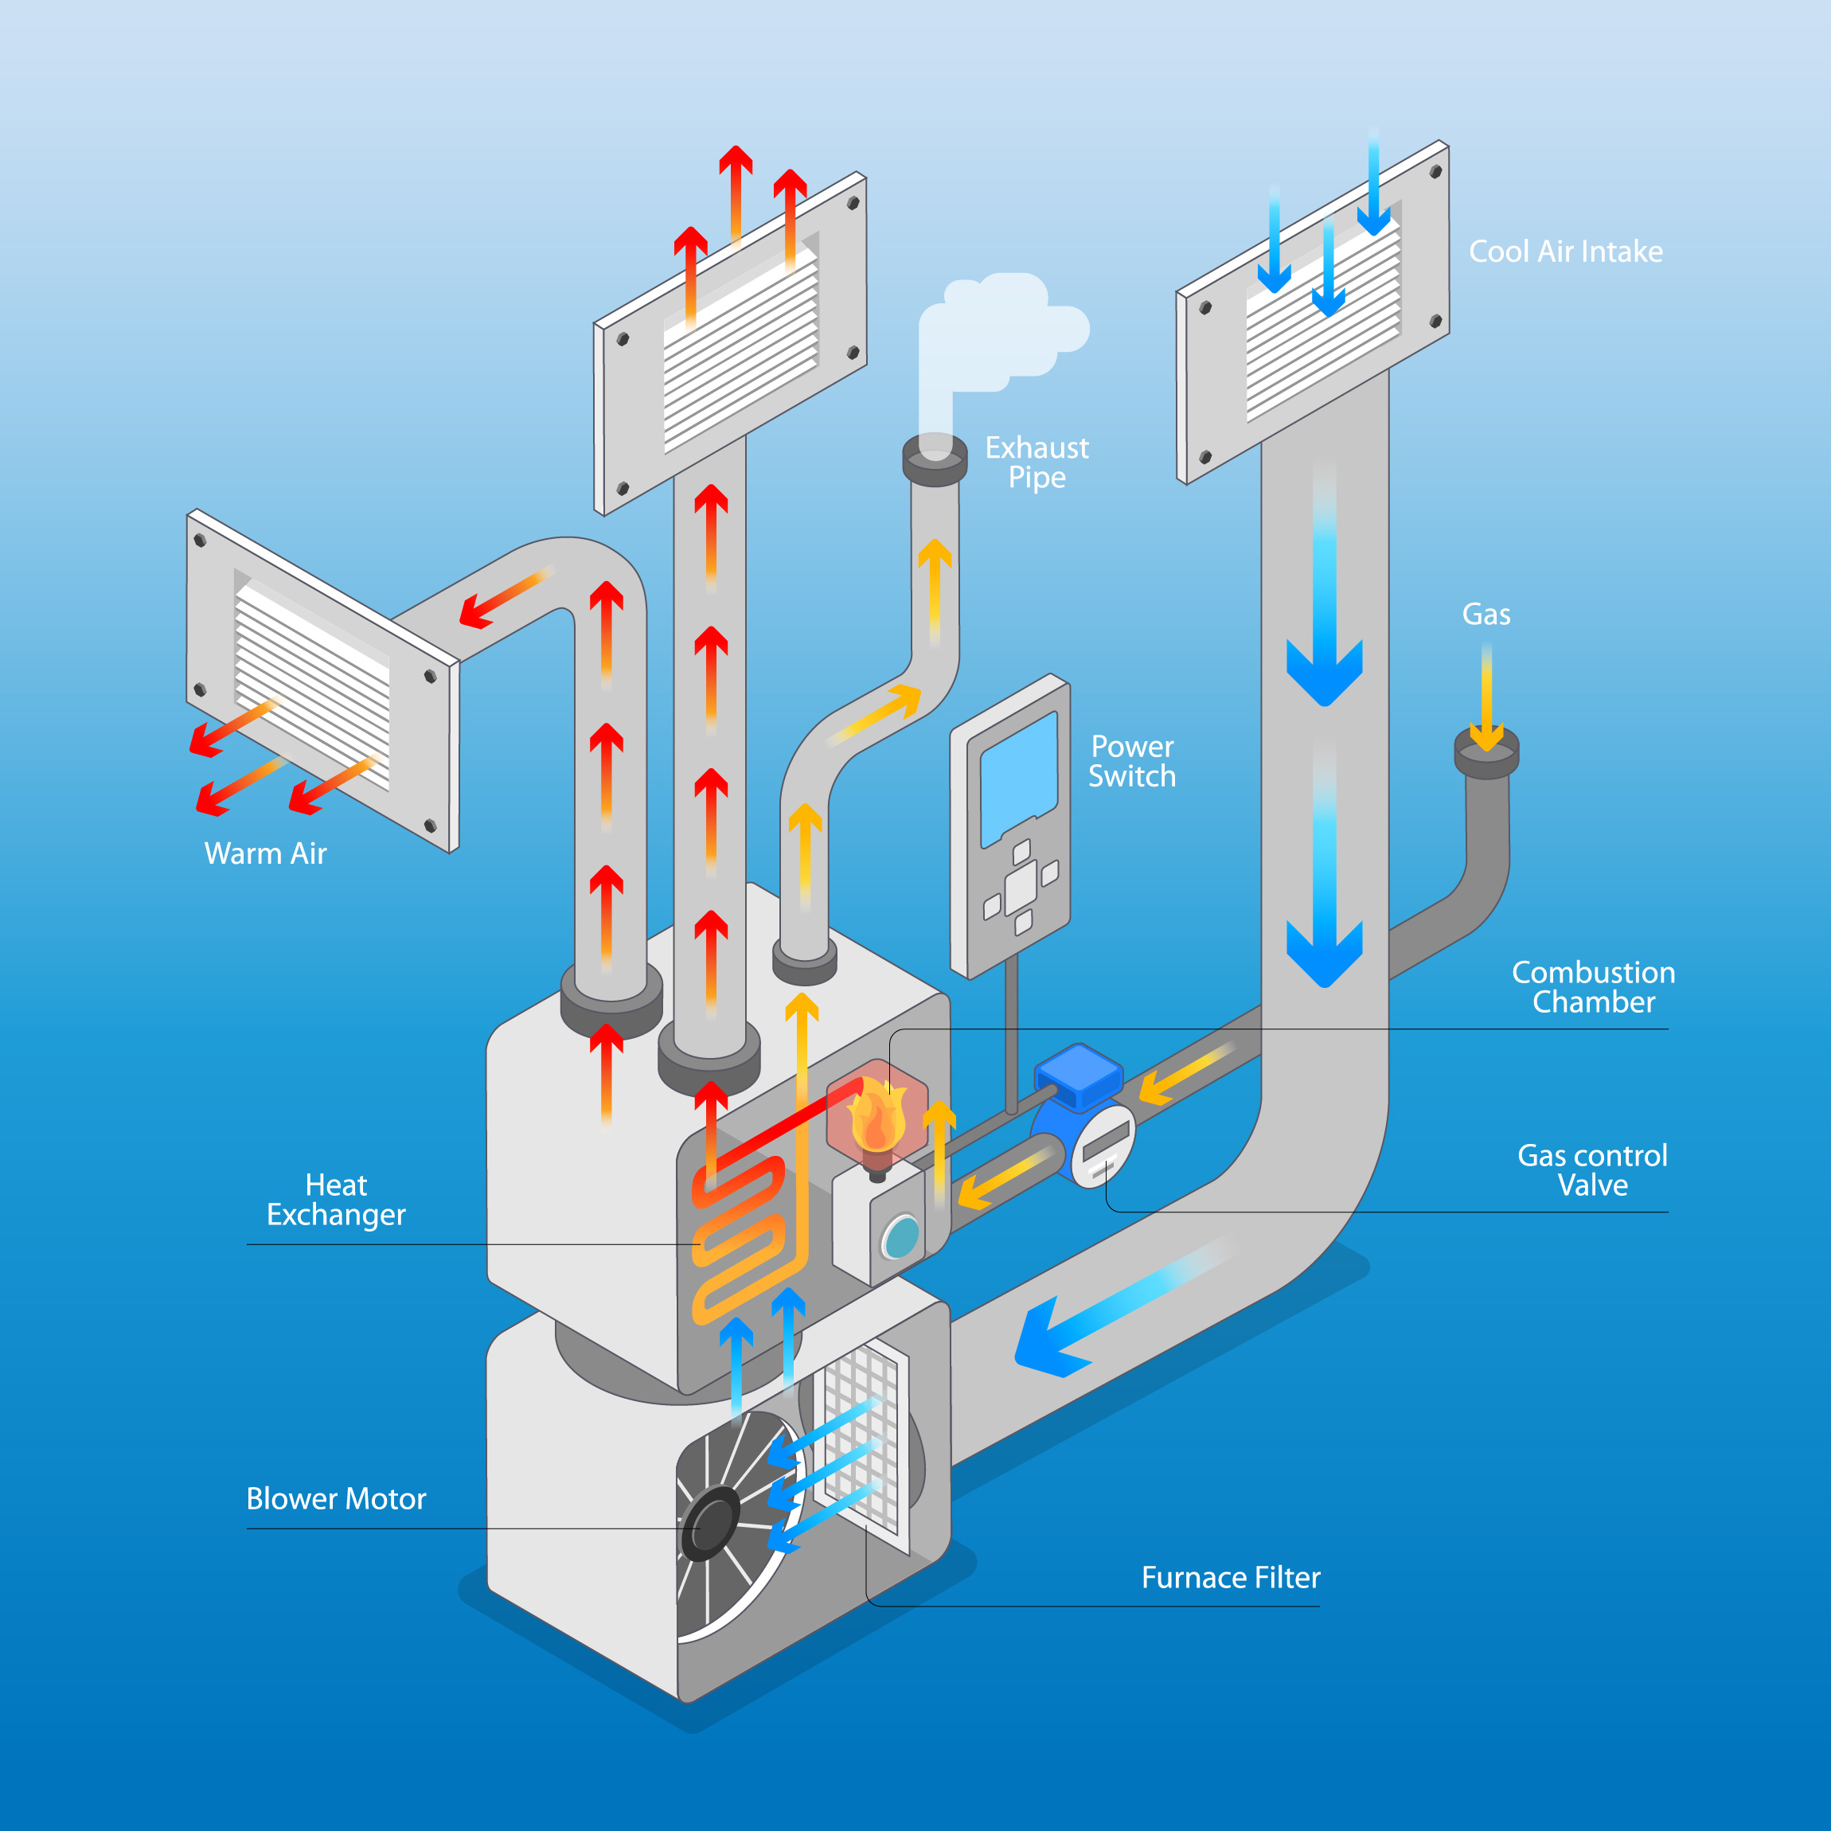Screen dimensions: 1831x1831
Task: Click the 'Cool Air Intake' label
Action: pyautogui.click(x=1566, y=252)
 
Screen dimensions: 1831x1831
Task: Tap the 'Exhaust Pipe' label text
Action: pyautogui.click(x=1037, y=463)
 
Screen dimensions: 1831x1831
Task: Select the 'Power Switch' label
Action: pyautogui.click(x=1131, y=762)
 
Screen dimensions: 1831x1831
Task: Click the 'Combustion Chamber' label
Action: pyautogui.click(x=1593, y=987)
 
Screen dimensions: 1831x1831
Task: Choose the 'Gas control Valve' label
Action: pyautogui.click(x=1592, y=1170)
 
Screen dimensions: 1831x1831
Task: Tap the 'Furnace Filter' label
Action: pyautogui.click(x=1230, y=1577)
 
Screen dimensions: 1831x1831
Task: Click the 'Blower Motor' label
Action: pyautogui.click(x=337, y=1498)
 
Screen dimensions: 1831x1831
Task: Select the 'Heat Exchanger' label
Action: pyautogui.click(x=337, y=1200)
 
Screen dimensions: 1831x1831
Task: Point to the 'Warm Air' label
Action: pyautogui.click(x=265, y=854)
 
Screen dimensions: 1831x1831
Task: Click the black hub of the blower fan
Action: pyautogui.click(x=711, y=1523)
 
